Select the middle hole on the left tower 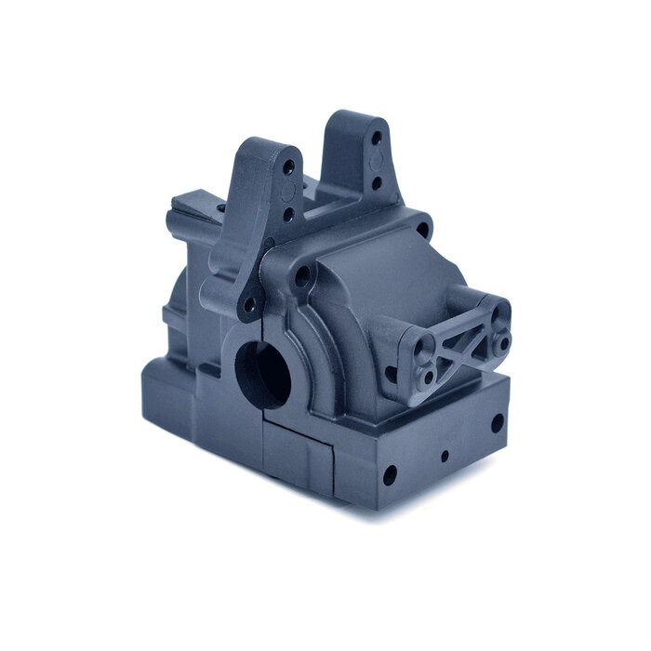point(287,215)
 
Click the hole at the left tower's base point(249,303)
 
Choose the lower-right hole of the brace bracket point(504,343)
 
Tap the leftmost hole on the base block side point(389,475)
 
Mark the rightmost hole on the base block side point(497,424)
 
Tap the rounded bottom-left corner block point(167,401)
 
